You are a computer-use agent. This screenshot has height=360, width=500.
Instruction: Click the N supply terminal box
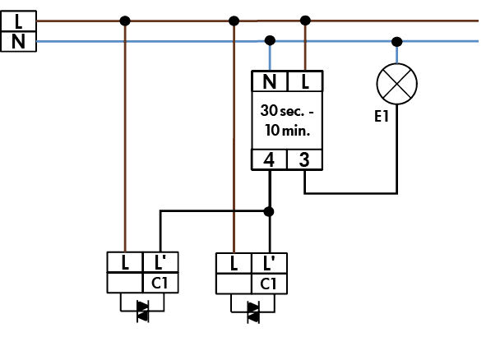(18, 40)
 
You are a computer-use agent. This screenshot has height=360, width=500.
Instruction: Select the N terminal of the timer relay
(270, 81)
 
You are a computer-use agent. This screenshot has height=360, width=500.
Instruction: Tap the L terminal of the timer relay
(305, 81)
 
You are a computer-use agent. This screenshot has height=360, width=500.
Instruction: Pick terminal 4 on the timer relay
(269, 159)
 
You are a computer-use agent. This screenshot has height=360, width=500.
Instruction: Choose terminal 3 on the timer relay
(304, 159)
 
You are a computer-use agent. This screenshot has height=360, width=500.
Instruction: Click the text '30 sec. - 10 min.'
(287, 120)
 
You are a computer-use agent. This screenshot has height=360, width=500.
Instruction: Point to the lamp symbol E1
(397, 84)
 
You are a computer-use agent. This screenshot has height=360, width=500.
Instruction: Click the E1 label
(382, 118)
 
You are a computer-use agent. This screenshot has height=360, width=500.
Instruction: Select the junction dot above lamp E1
(397, 40)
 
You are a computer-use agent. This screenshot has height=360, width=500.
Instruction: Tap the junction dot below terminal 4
(269, 211)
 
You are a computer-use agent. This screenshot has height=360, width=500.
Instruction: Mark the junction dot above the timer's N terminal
(270, 39)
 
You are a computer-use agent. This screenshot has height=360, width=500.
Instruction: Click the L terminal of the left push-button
(125, 263)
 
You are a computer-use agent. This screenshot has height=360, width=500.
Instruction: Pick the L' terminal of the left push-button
(160, 263)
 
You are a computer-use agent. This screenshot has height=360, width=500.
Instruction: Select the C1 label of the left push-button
(160, 283)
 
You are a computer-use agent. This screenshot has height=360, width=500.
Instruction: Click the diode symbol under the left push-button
(142, 310)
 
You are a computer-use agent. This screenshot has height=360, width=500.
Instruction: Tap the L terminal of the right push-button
(234, 263)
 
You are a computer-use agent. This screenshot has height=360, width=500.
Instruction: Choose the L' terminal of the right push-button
(269, 263)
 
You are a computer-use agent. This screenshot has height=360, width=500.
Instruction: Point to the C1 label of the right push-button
(269, 283)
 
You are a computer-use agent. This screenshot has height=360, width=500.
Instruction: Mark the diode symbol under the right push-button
(252, 310)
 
